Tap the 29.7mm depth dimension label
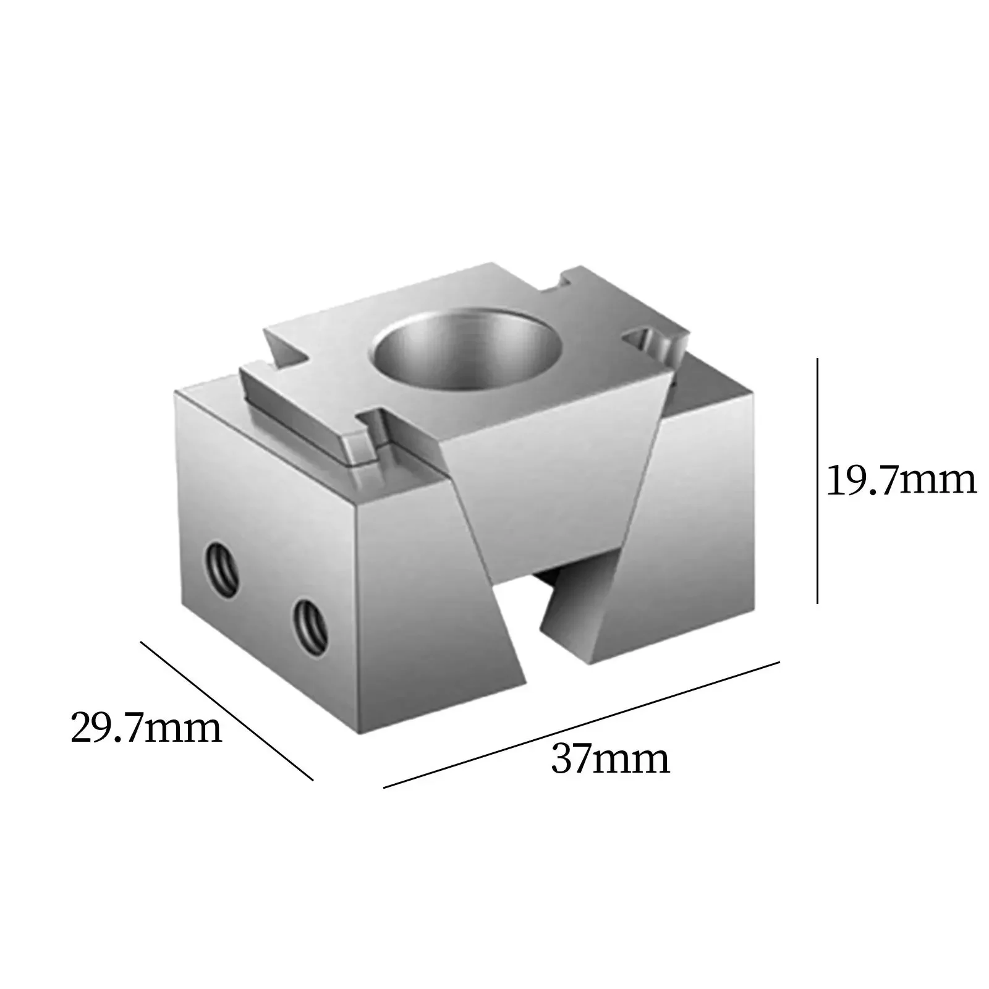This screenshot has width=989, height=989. click(x=146, y=728)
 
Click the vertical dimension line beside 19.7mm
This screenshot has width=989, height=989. click(x=817, y=482)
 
